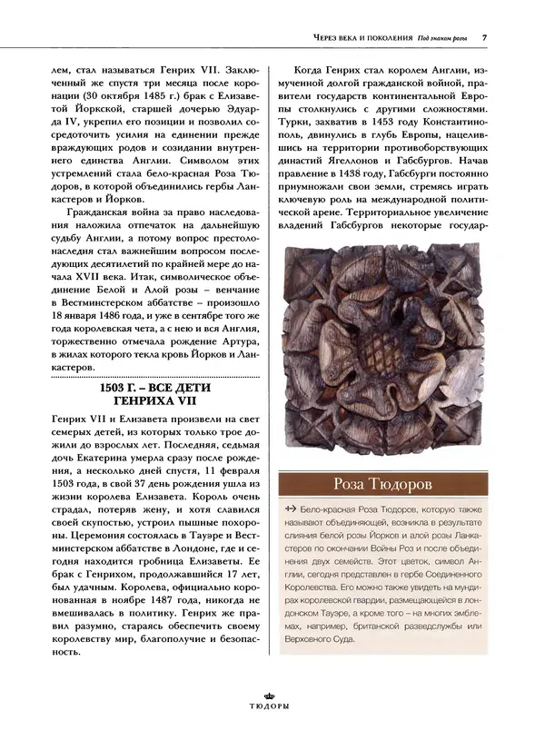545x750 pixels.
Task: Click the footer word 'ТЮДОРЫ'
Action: [272, 729]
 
